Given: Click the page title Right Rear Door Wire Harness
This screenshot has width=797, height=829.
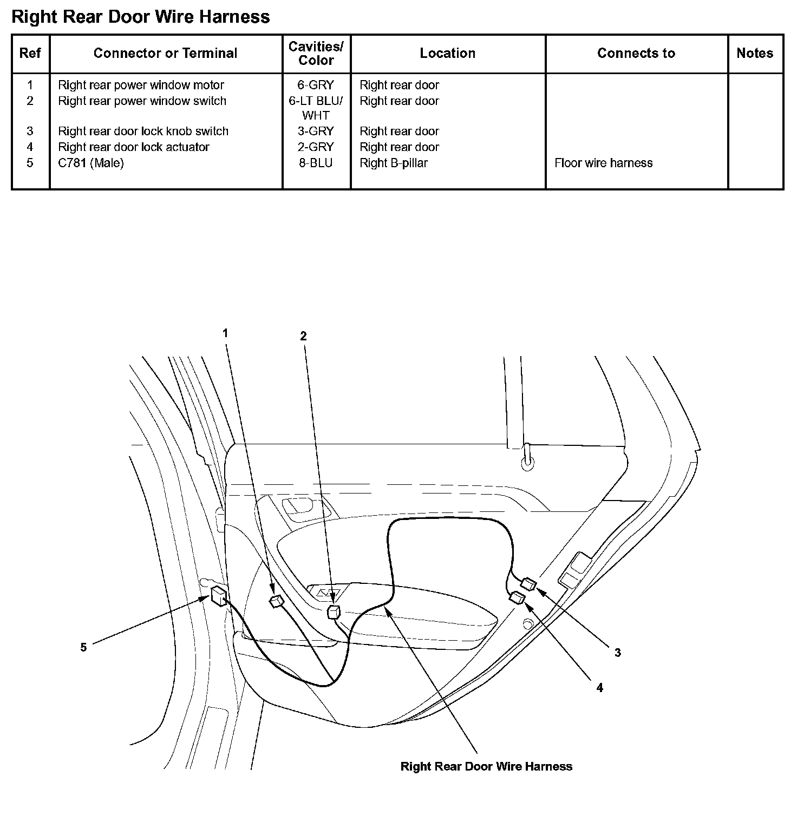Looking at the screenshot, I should (x=141, y=17).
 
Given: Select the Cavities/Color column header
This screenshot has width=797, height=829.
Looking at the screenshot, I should (x=316, y=54).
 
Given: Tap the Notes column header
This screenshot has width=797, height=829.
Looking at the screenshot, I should (x=755, y=53).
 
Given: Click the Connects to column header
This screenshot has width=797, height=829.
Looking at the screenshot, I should (x=636, y=53).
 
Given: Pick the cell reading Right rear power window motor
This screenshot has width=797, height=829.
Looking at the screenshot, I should (x=141, y=85).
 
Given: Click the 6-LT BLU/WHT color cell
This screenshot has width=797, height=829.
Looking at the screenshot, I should (x=316, y=108).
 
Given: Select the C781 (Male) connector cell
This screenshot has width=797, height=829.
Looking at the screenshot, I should (x=91, y=163).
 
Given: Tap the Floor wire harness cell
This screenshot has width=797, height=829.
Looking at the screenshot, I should (x=603, y=163).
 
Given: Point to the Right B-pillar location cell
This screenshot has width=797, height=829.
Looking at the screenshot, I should (x=394, y=163).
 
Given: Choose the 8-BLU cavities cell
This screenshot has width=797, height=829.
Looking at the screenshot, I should (x=316, y=163).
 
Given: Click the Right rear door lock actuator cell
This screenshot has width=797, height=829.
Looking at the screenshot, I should (x=134, y=147).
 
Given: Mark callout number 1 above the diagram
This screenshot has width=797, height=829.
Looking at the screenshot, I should (x=225, y=333).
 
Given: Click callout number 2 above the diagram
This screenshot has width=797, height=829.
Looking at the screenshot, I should (x=303, y=336).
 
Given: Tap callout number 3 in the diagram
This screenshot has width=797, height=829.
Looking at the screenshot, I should (x=617, y=653).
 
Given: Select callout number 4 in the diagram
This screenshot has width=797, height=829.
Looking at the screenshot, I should (x=599, y=687).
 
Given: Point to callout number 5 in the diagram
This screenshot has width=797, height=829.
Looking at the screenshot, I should (x=83, y=647).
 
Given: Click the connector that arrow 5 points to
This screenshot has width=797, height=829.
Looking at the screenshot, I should (x=219, y=596).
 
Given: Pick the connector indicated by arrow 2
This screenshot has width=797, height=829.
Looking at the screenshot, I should (x=334, y=612).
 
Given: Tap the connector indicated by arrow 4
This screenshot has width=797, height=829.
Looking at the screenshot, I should (x=518, y=598).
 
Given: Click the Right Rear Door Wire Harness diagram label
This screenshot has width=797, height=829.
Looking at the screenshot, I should (x=486, y=766).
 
